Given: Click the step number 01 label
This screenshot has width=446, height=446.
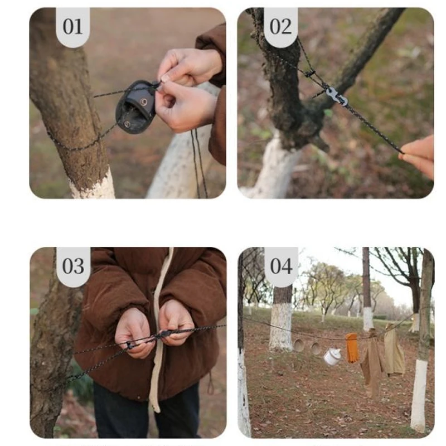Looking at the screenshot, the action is (73, 27).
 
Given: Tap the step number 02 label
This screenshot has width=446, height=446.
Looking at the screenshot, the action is (280, 27).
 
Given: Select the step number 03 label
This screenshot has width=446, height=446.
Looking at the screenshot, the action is (73, 266).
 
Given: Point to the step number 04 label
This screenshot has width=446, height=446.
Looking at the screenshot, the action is (281, 266).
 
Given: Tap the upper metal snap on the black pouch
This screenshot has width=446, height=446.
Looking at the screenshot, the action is (144, 102).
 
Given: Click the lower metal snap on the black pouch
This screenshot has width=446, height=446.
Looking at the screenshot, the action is (127, 124).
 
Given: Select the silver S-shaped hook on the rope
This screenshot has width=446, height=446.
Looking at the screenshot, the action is (337, 96).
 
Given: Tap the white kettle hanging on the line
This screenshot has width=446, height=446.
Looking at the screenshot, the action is (333, 356).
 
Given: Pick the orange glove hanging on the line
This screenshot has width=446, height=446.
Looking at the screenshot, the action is (352, 348).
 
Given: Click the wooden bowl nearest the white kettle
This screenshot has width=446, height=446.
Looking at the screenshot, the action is (315, 348).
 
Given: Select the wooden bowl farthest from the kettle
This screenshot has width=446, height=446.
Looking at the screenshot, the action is (299, 345).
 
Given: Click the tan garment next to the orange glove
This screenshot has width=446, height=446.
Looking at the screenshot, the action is (373, 361).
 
